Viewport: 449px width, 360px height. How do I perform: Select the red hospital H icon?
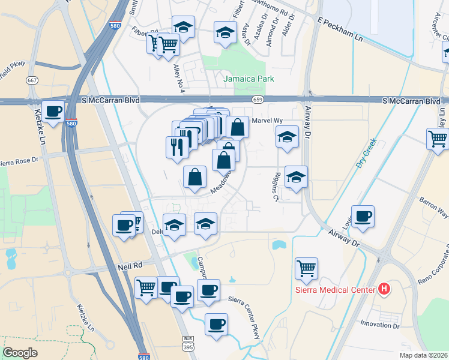385,290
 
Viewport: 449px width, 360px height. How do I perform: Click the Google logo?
20,352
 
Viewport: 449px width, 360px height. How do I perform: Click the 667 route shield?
32,80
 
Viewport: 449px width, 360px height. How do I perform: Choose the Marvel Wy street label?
267,121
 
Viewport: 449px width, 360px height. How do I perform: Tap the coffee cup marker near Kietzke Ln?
53,111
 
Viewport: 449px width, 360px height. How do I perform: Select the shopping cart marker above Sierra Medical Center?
306,267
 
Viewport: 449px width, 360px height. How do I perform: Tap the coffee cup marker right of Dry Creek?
363,216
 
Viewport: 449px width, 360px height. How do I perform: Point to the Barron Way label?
434,206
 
